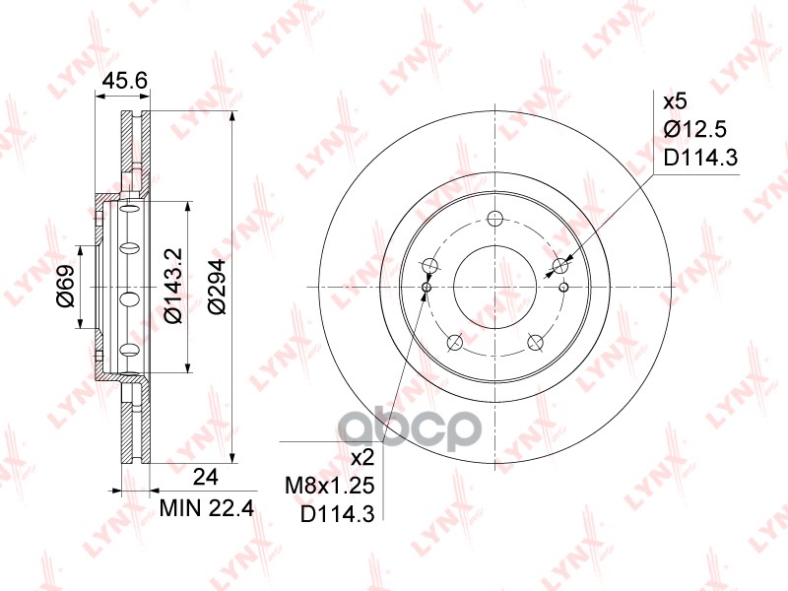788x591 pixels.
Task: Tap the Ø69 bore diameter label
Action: [x=66, y=286]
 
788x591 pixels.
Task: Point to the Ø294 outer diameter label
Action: [x=217, y=287]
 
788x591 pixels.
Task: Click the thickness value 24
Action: [x=206, y=477]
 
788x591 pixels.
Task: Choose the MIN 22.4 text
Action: [x=207, y=508]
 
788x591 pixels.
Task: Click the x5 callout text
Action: [x=675, y=102]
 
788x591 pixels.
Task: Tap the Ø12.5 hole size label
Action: [x=695, y=130]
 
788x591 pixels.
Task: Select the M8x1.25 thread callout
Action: [x=330, y=486]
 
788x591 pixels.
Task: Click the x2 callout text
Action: [x=362, y=458]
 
